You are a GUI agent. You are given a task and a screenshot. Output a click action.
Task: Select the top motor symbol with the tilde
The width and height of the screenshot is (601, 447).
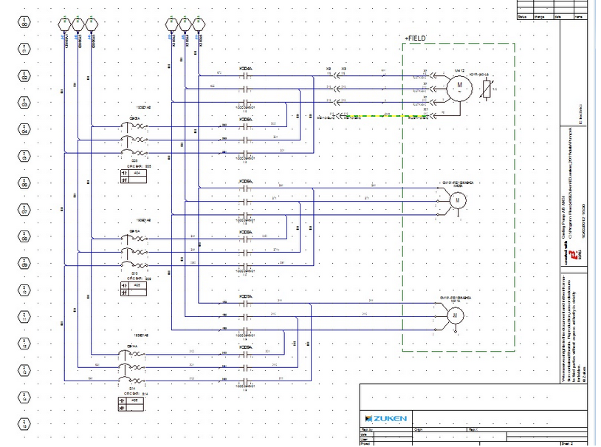click(x=459, y=87)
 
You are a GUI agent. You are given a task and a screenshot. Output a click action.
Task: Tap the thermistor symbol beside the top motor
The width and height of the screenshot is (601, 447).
click(x=485, y=90)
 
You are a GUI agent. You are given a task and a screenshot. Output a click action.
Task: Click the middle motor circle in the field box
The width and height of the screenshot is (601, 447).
click(x=456, y=199)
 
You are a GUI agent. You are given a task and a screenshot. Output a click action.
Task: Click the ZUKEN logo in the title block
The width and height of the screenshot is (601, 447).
click(x=384, y=419)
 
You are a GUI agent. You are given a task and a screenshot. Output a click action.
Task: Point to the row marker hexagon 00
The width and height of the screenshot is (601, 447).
click(x=24, y=24)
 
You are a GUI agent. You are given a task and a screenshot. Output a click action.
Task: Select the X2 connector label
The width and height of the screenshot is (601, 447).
click(x=329, y=69)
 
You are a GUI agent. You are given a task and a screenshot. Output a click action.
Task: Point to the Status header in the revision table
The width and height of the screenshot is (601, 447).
click(x=523, y=16)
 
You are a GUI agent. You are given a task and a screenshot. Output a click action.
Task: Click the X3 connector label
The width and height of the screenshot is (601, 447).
click(x=344, y=69)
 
